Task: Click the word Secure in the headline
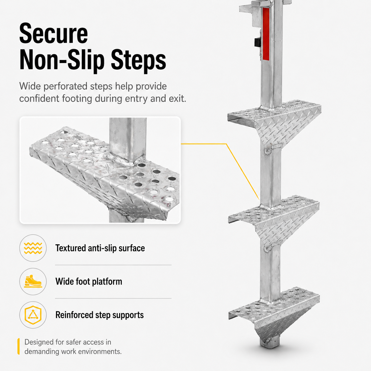click(54, 33)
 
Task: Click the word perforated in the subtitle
click(65, 86)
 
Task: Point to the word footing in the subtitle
click(77, 99)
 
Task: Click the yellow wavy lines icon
click(33, 248)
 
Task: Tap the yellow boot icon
click(33, 281)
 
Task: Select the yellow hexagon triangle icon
click(33, 315)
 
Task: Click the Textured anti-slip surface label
click(100, 248)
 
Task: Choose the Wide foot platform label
click(89, 281)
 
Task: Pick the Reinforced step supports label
click(99, 315)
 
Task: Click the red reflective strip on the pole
click(266, 34)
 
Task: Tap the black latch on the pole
click(257, 42)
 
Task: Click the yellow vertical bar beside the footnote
click(18, 346)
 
